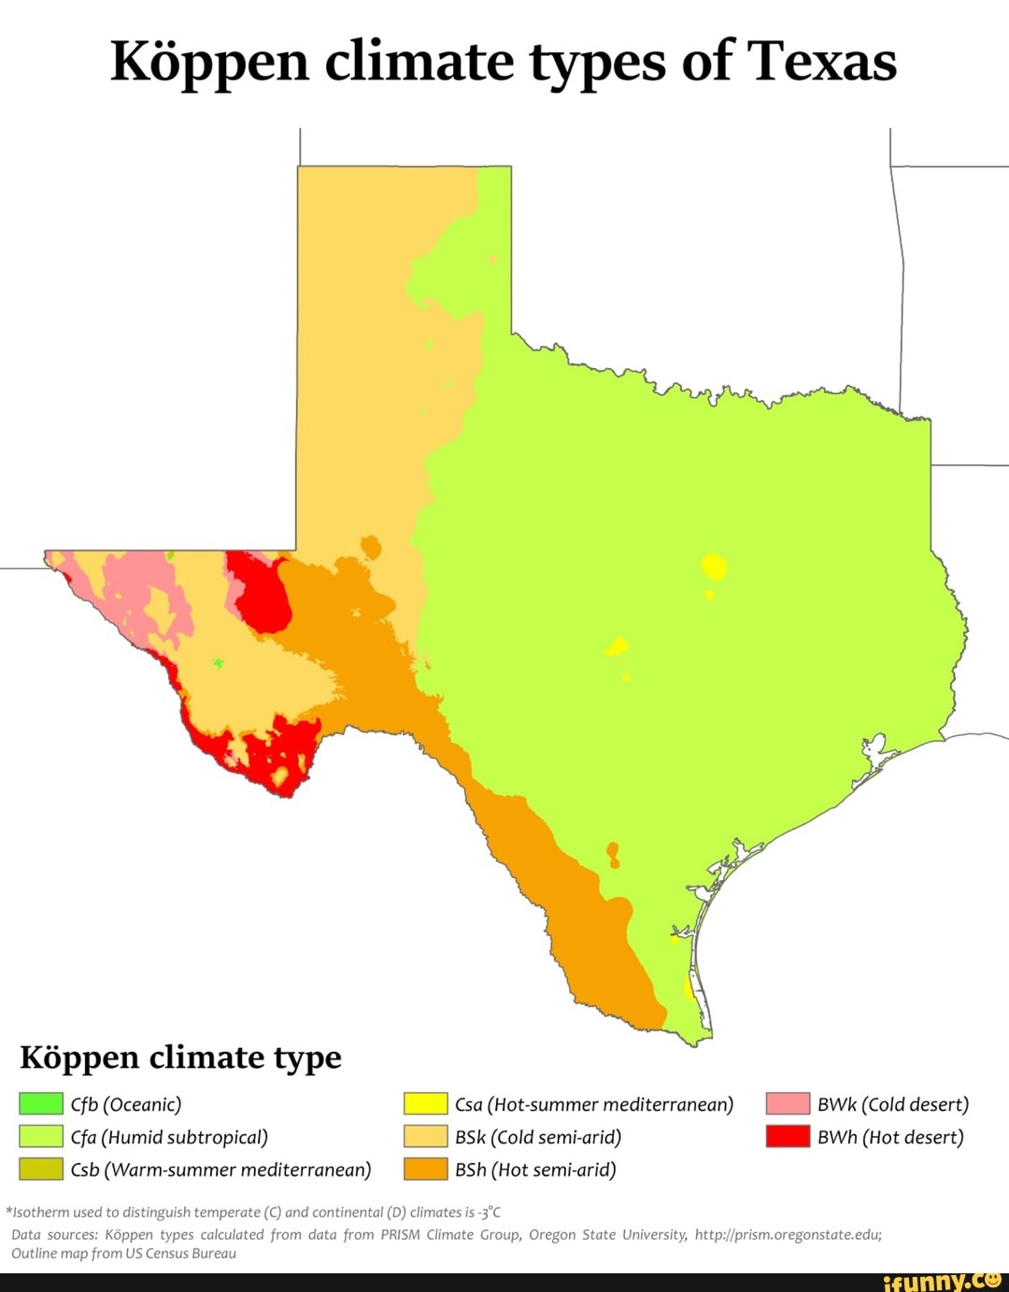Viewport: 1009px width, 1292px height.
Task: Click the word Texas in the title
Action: [822, 62]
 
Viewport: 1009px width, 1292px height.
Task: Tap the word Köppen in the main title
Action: [209, 62]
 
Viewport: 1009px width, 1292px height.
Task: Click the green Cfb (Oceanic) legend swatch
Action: [41, 1104]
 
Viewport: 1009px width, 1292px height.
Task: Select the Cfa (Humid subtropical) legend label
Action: [169, 1137]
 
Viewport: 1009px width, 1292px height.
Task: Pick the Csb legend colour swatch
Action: [41, 1170]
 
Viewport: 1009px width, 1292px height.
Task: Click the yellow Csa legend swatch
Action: [425, 1104]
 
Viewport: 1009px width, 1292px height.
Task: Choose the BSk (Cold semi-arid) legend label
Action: [537, 1137]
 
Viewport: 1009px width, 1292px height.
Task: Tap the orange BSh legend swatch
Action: [425, 1170]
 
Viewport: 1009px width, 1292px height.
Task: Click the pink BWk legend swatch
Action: [788, 1104]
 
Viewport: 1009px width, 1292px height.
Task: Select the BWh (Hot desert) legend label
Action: [889, 1137]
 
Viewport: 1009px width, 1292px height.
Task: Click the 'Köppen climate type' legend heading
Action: [181, 1058]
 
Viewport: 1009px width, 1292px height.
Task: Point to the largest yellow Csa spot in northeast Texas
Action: [715, 566]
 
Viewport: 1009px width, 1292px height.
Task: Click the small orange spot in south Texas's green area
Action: [613, 853]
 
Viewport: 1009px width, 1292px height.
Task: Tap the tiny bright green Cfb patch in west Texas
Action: [218, 663]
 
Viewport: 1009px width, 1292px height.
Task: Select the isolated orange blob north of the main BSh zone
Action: [371, 547]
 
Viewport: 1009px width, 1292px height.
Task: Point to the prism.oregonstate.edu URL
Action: [788, 1234]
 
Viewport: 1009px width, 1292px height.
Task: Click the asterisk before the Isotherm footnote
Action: [8, 1212]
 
